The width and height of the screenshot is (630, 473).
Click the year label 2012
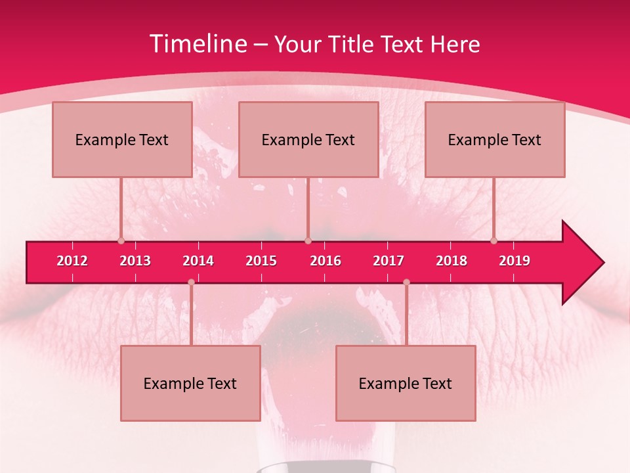(72, 261)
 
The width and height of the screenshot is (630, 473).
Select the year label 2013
(135, 261)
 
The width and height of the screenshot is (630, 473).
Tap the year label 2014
(198, 261)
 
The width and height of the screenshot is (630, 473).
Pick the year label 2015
(261, 261)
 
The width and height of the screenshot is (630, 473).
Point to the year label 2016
(325, 261)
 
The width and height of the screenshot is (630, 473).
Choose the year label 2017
(388, 261)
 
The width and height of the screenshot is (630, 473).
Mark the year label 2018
(451, 261)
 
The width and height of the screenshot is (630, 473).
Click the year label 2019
(514, 261)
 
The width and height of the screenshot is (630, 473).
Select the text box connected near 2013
(122, 139)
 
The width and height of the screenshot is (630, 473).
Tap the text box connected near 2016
(308, 139)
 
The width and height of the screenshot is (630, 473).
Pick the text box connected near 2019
(495, 139)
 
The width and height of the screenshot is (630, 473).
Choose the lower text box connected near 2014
(190, 383)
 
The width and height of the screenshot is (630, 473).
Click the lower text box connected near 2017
(406, 383)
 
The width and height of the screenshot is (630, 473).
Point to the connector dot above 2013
(121, 241)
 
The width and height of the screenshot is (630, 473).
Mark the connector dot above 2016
(308, 241)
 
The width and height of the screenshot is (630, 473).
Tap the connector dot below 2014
(191, 282)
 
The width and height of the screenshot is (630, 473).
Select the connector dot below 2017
(406, 282)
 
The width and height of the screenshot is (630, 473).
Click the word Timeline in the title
(199, 44)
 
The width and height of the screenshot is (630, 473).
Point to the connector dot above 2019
(494, 241)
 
